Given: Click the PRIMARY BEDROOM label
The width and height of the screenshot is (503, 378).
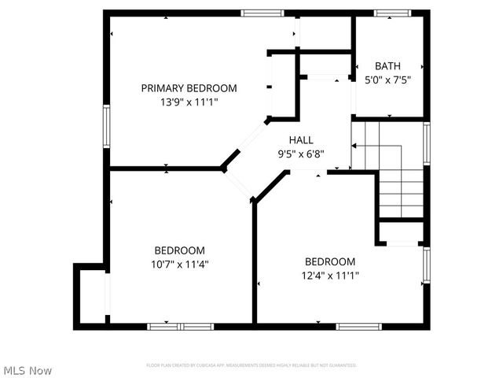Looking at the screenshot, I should [189, 88].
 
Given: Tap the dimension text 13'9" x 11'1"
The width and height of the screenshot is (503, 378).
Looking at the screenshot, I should [189, 102].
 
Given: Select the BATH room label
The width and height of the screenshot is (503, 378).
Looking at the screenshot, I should [388, 66].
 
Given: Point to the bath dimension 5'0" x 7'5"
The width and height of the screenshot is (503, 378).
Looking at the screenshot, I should [388, 80].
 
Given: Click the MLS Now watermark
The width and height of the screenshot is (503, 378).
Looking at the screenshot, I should [28, 369].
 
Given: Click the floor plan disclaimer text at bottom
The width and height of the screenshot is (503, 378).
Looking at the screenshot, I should [251, 365].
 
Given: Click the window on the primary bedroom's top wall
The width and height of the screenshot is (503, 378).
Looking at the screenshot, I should [262, 13].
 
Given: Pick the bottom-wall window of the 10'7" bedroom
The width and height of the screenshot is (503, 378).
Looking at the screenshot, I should [180, 326].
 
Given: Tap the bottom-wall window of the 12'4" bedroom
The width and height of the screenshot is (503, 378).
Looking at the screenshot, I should [358, 326].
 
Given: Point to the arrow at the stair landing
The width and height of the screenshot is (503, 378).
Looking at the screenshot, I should [355, 146].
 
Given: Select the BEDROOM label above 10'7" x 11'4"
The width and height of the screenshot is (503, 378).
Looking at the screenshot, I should [180, 250].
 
